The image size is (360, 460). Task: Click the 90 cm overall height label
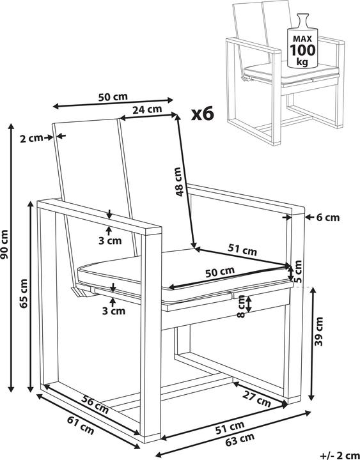click(4, 245)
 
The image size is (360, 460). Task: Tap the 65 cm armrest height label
click(23, 293)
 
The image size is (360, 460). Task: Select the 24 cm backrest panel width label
click(147, 109)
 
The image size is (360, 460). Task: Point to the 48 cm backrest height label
click(178, 181)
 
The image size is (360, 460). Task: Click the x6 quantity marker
click(203, 114)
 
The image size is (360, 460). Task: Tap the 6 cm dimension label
click(328, 217)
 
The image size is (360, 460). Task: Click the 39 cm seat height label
click(318, 332)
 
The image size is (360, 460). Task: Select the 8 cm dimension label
click(241, 306)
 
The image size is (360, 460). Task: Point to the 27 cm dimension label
click(256, 399)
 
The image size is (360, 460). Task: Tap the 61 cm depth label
click(81, 425)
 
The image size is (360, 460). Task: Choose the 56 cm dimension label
click(95, 404)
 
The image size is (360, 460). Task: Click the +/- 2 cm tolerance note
click(340, 456)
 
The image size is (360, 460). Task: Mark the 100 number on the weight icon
click(302, 50)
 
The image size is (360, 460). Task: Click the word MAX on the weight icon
click(302, 38)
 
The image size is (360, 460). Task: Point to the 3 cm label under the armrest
click(110, 241)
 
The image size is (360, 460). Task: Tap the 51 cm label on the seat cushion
click(242, 250)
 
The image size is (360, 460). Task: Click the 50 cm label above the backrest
click(113, 97)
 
